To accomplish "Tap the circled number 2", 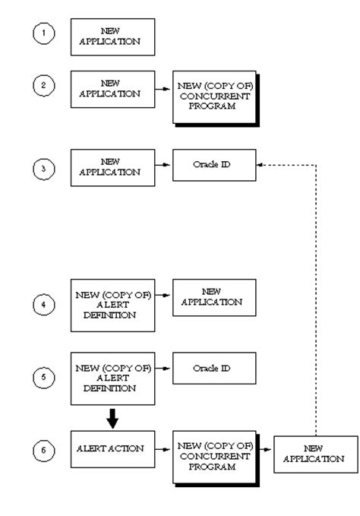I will pyautogui.click(x=43, y=85).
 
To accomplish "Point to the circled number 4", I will pyautogui.click(x=43, y=305).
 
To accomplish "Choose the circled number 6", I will pyautogui.click(x=43, y=450).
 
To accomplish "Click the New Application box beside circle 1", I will pyautogui.click(x=112, y=37).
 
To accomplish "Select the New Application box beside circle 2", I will pyautogui.click(x=112, y=89).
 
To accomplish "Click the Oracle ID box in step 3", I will pyautogui.click(x=213, y=165).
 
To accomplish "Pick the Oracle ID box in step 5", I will pyautogui.click(x=213, y=368).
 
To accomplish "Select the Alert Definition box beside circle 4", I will pyautogui.click(x=112, y=305).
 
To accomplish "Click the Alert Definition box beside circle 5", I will pyautogui.click(x=112, y=378).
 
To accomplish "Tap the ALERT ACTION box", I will pyautogui.click(x=112, y=449).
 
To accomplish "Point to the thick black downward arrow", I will pyautogui.click(x=112, y=417).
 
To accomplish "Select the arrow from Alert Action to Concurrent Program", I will pyautogui.click(x=163, y=450).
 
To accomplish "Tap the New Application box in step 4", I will pyautogui.click(x=213, y=297).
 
